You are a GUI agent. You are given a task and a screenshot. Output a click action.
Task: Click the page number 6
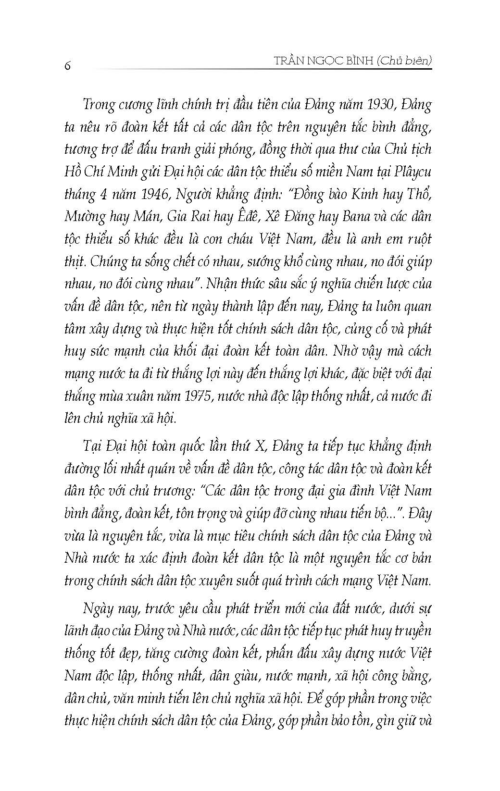(67, 66)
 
